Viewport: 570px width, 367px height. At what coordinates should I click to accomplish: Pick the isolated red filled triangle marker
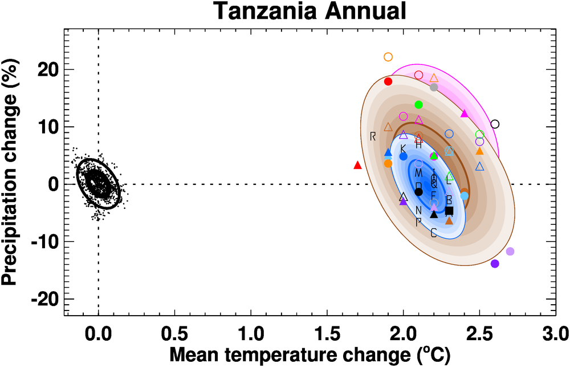coord(358,165)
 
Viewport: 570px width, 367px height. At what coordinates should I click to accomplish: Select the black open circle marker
coord(495,124)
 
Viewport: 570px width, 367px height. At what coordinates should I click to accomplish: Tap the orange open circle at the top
coord(388,57)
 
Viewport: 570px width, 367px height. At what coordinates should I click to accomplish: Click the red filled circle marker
coord(388,82)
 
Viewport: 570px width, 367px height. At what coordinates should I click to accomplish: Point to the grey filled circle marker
coord(434,87)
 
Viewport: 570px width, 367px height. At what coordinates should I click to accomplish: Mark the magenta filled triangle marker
coord(464,114)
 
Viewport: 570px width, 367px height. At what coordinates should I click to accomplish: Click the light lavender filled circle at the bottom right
coord(510,251)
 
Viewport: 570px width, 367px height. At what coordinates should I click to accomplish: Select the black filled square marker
coord(449,211)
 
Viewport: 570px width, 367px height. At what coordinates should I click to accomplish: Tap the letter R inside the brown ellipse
coord(373,136)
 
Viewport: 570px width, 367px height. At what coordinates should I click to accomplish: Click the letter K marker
coord(403,148)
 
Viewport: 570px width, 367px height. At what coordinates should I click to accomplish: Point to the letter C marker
coord(434,232)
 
